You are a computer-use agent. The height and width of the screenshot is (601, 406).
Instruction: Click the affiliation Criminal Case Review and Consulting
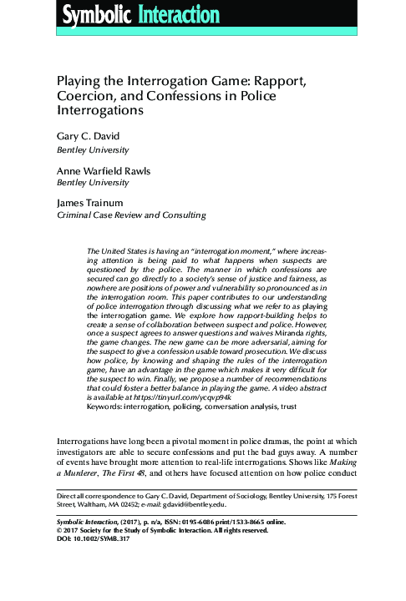tap(129, 215)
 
